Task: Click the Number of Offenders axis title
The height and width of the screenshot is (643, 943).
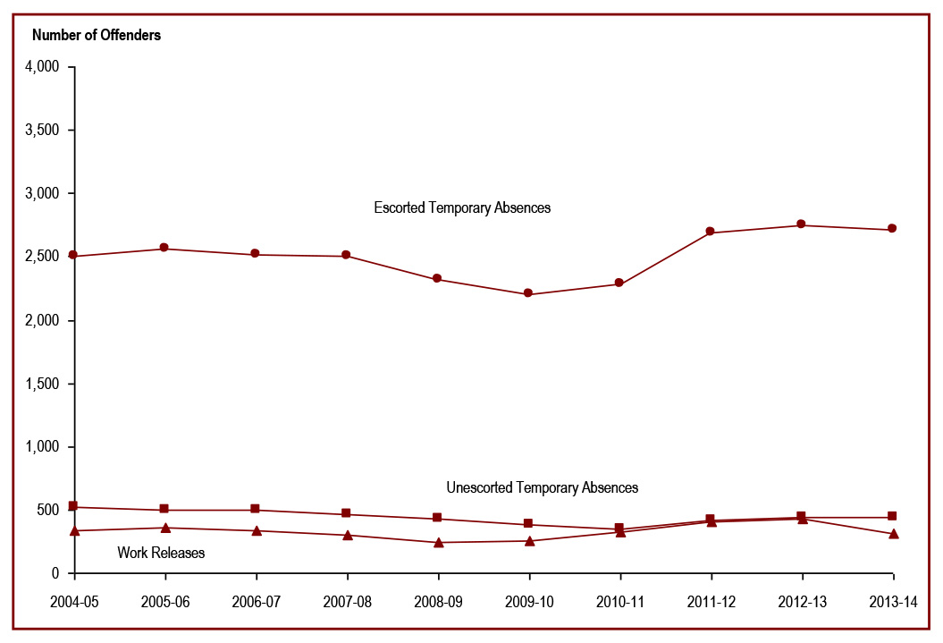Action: [97, 36]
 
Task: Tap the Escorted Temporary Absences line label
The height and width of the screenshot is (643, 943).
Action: [462, 207]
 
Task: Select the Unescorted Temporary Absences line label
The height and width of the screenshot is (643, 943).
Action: [542, 487]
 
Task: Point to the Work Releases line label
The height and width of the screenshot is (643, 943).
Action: [161, 553]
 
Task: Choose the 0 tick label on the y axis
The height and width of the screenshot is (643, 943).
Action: [55, 573]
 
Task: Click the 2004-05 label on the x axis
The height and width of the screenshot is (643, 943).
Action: [73, 602]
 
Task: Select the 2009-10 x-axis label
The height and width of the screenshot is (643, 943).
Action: [528, 602]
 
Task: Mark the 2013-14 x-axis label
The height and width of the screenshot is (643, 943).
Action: [892, 602]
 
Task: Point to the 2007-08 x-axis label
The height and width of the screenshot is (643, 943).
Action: [347, 602]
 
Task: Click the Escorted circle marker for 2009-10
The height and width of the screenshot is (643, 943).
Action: [528, 293]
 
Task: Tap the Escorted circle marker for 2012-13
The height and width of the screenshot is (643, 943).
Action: [801, 224]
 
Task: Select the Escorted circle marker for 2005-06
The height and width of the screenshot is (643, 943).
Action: [164, 248]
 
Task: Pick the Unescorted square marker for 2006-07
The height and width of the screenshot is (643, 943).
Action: [256, 510]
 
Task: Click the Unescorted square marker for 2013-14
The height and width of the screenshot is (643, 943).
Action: [892, 517]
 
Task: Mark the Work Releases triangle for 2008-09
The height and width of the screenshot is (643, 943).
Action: [438, 542]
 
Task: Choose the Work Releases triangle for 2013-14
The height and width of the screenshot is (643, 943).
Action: [892, 534]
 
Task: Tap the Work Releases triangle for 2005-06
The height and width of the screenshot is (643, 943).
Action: [164, 528]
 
